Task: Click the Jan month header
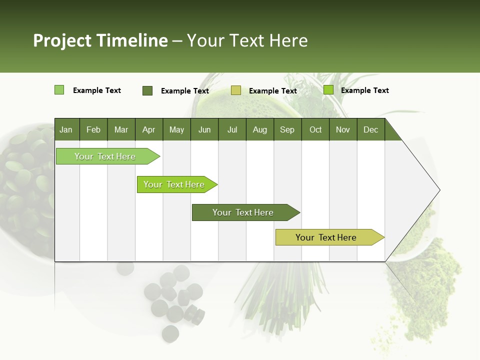(x=66, y=129)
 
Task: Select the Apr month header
(x=148, y=129)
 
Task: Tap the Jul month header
(x=232, y=129)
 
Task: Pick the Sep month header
(x=287, y=129)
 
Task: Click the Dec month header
(x=370, y=129)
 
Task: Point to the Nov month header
(x=342, y=129)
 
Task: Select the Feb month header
(x=93, y=129)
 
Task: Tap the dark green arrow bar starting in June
(x=243, y=212)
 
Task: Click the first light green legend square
(x=59, y=90)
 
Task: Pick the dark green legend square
(x=147, y=90)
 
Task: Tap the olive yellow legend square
(x=236, y=90)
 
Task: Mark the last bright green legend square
(x=328, y=90)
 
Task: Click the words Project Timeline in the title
(x=100, y=40)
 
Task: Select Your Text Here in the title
(x=247, y=40)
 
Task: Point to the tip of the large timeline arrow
(x=438, y=190)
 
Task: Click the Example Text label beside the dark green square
(x=184, y=91)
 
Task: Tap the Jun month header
(x=204, y=129)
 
